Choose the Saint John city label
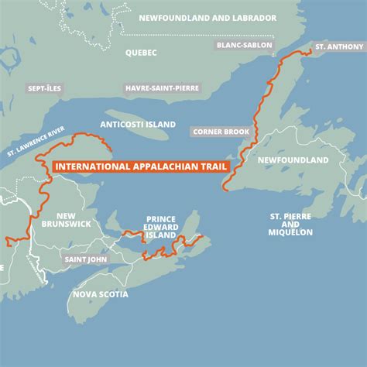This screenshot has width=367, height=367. [86, 259]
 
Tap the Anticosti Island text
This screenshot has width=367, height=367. [139, 125]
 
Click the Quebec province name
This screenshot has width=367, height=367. [141, 53]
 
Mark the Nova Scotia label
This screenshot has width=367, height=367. [101, 294]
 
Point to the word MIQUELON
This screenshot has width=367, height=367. [290, 232]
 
